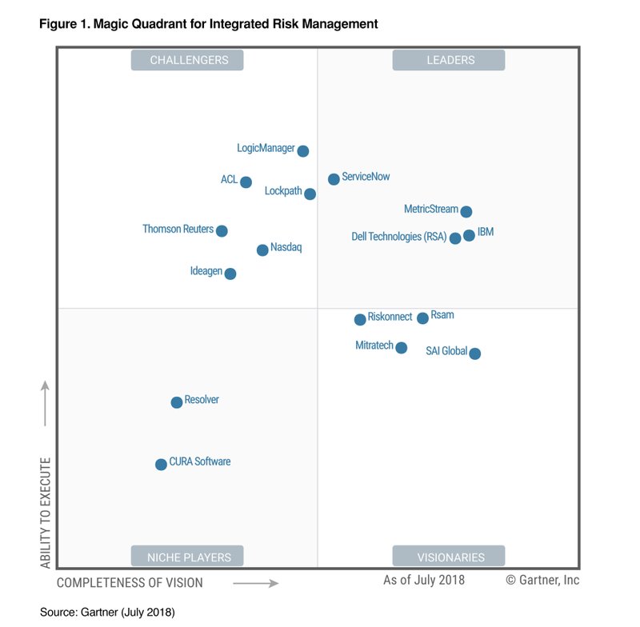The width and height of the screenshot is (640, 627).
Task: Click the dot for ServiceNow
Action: coord(334,179)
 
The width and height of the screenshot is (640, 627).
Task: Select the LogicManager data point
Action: coord(302,151)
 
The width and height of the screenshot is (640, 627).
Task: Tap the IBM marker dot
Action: coord(469,235)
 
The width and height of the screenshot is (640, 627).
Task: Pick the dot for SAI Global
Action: coord(474,353)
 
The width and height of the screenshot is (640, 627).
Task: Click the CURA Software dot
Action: coord(161,465)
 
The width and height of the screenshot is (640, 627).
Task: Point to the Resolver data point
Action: coord(176,402)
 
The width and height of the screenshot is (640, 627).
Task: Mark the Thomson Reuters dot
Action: coord(222,231)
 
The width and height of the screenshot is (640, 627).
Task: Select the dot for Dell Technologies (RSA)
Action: coord(455,238)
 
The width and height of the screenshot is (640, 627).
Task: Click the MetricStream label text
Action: coord(430,210)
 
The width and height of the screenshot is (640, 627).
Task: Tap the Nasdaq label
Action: coord(286,248)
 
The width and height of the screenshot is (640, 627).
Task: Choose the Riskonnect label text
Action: coord(390,317)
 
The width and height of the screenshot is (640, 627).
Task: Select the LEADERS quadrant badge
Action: coord(450,60)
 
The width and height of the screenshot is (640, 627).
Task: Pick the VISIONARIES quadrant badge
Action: coord(450,557)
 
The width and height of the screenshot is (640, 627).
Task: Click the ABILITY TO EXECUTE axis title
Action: coord(46,513)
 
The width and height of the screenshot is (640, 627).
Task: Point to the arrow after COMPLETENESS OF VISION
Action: coord(255,584)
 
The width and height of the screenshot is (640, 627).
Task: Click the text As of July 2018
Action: coord(423,580)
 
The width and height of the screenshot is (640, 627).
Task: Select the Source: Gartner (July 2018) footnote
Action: coord(107,612)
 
